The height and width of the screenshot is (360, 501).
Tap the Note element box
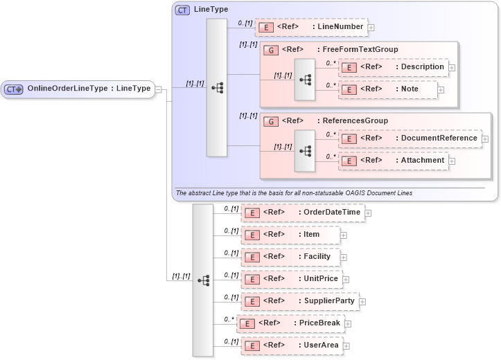click(388, 89)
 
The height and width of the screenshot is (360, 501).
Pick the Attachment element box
click(393, 161)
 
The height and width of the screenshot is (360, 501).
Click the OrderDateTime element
click(302, 212)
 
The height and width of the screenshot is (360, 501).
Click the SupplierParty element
click(299, 301)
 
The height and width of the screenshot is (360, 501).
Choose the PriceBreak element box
click(290, 323)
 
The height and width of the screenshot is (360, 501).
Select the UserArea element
click(290, 345)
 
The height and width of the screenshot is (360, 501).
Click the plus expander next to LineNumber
click(371, 28)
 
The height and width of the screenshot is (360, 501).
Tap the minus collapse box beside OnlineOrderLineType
click(159, 89)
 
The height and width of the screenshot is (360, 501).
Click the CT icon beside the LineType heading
click(182, 10)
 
